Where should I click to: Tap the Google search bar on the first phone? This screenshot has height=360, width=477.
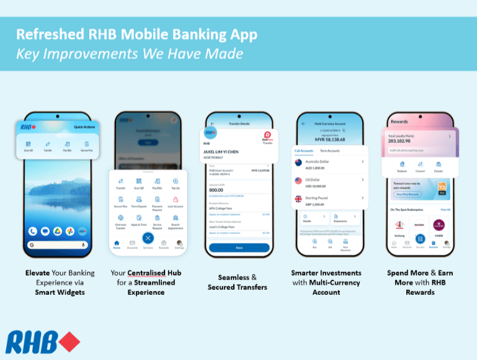tap(56, 245)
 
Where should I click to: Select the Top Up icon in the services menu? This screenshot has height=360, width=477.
tap(176, 180)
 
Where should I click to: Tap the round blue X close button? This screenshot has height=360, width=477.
tap(148, 238)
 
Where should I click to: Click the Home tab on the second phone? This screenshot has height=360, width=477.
tap(117, 244)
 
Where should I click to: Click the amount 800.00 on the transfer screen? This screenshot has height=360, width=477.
tap(217, 191)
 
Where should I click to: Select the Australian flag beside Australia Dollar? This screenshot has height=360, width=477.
tap(298, 163)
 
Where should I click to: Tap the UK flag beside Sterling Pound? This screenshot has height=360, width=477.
tap(298, 200)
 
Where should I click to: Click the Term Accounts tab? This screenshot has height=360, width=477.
tap(329, 151)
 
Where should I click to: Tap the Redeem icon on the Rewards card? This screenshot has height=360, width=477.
tap(401, 164)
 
